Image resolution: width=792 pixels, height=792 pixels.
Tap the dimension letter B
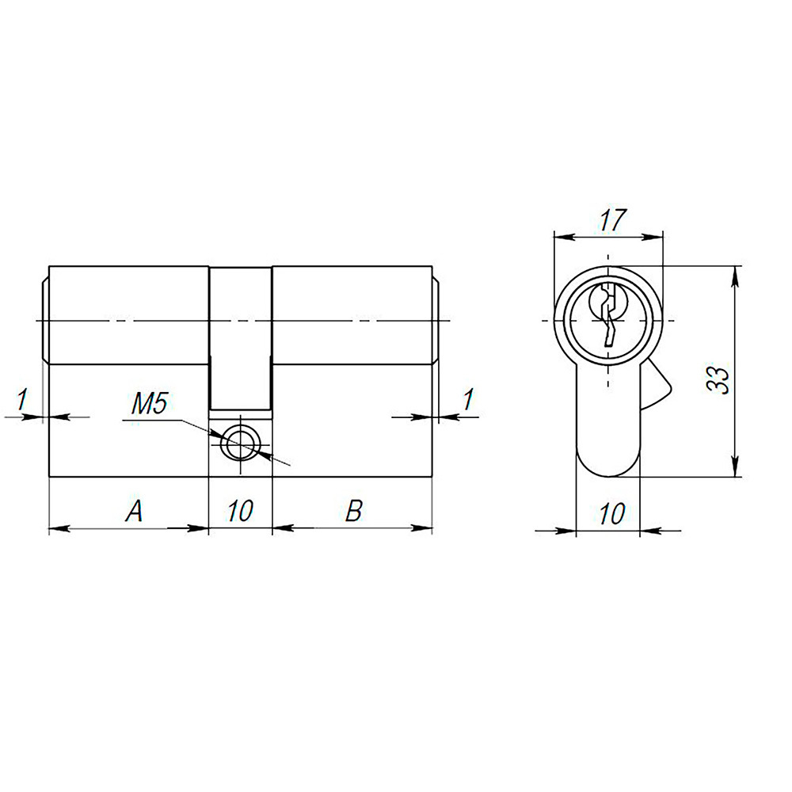click(x=353, y=512)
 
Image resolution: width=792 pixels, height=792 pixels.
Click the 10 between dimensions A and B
click(x=239, y=512)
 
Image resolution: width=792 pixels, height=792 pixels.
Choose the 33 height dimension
click(x=719, y=372)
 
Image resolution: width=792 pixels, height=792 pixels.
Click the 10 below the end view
click(x=611, y=515)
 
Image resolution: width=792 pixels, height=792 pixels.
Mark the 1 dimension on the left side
click(x=23, y=401)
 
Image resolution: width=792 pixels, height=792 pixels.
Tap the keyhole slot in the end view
click(x=607, y=316)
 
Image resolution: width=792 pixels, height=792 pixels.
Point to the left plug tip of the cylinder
click(x=44, y=320)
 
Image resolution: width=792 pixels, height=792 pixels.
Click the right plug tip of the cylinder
click(x=437, y=320)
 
